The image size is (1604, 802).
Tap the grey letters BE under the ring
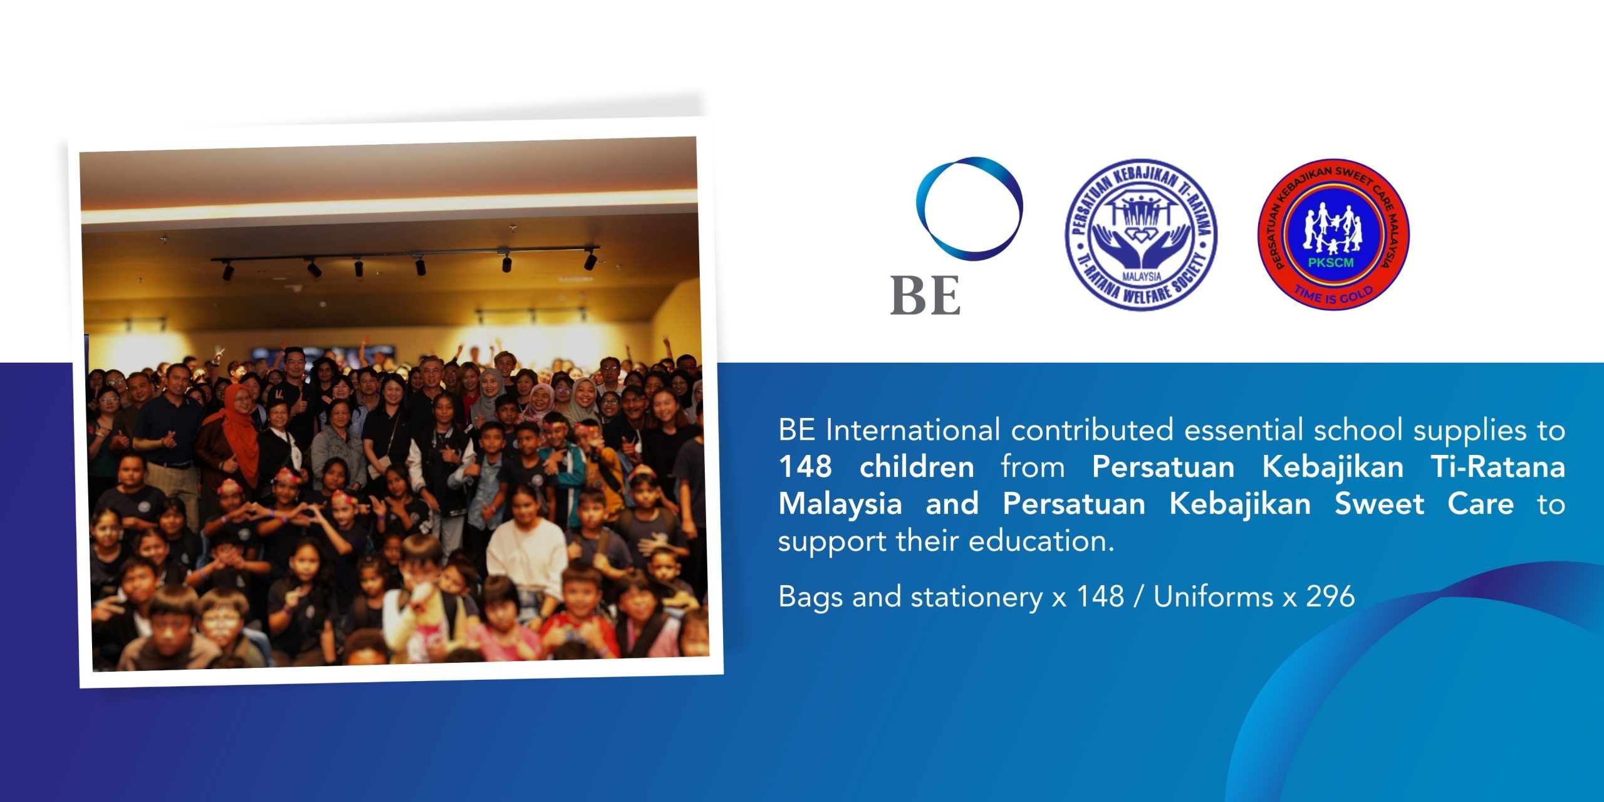point(925,295)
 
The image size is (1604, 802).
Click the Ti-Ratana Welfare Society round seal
point(1141,234)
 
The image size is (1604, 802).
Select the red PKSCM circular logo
point(1333,234)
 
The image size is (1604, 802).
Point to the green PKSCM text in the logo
point(1331,263)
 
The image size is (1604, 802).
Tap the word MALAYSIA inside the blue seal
point(1142,276)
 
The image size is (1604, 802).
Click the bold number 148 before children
point(806,467)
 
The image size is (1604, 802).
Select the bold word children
point(917,467)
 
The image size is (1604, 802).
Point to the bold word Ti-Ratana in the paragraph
point(1498,467)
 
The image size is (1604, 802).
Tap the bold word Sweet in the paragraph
point(1379,504)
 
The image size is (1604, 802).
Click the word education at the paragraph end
point(1041,541)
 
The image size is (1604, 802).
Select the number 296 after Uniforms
point(1330,596)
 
